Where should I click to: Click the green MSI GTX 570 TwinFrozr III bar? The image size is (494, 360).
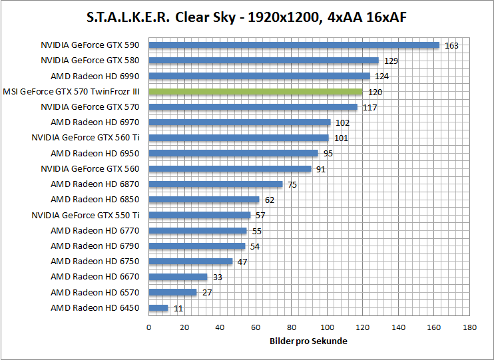tap(255, 91)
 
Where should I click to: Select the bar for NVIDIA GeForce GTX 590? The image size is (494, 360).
tap(294, 45)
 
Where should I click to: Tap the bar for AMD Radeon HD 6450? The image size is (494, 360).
tap(158, 307)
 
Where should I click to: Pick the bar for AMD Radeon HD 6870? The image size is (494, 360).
tap(215, 184)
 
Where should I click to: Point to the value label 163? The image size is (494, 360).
tap(451, 45)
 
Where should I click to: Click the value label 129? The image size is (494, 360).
tap(391, 61)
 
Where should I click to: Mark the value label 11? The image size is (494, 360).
tap(178, 309)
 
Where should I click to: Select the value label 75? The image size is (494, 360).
tap(292, 185)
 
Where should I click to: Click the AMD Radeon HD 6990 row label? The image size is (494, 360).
tap(95, 76)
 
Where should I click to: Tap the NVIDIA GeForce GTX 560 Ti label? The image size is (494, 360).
tap(85, 138)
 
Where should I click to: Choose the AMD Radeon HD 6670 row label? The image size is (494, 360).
tap(95, 277)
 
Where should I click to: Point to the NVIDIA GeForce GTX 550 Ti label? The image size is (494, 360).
tap(85, 215)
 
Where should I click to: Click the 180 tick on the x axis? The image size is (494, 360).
tap(471, 327)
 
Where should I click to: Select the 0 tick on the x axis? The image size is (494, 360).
tap(148, 327)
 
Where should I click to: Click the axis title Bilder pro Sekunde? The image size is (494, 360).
tap(310, 341)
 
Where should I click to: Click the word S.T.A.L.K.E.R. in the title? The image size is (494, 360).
tap(127, 17)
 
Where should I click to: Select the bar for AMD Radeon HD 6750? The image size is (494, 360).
tap(190, 261)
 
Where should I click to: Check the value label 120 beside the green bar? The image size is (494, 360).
tap(375, 92)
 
